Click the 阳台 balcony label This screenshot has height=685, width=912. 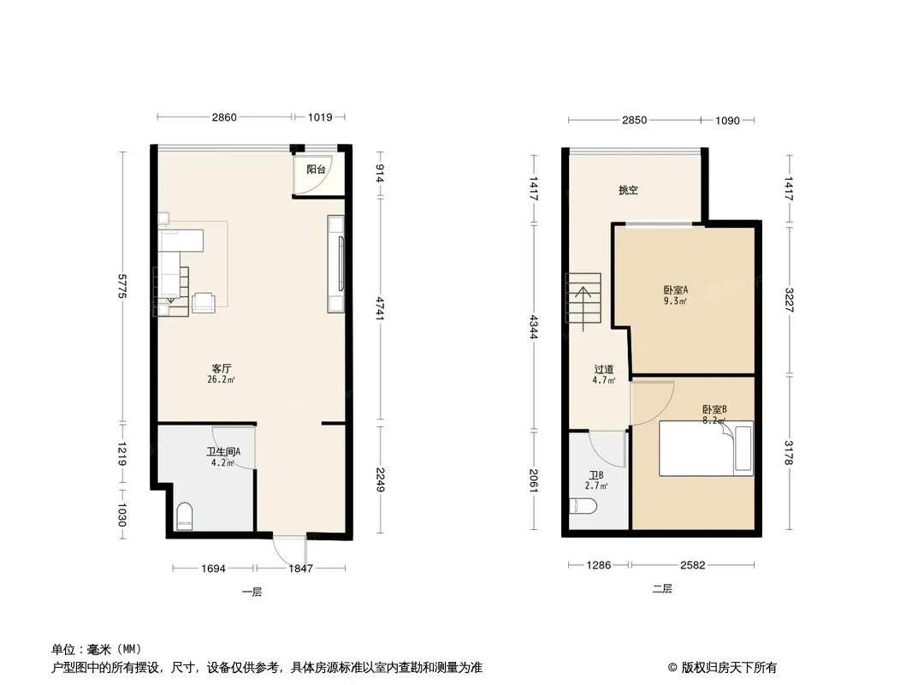tap(316, 170)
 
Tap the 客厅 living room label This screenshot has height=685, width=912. tap(222, 368)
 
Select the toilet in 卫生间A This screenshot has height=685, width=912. tap(184, 516)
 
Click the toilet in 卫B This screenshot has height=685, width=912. tap(584, 506)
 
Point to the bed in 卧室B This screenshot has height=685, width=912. tap(706, 448)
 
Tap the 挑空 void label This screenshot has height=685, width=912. tap(628, 190)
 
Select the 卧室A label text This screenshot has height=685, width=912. tap(675, 289)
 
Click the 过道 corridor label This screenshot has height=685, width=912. tap(604, 369)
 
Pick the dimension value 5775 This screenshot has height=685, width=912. tap(121, 286)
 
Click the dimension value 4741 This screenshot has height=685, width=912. tap(380, 308)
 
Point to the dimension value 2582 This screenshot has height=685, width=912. tap(692, 564)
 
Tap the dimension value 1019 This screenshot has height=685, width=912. tap(320, 117)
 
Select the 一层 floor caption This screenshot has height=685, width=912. tap(252, 592)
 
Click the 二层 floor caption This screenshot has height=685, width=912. tap(662, 588)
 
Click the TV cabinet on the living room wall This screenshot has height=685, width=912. tap(335, 264)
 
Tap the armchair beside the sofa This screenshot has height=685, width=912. tap(204, 302)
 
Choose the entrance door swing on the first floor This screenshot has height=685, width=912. tap(289, 547)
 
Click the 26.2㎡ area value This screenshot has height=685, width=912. tap(222, 380)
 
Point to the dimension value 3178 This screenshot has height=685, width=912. tap(790, 452)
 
